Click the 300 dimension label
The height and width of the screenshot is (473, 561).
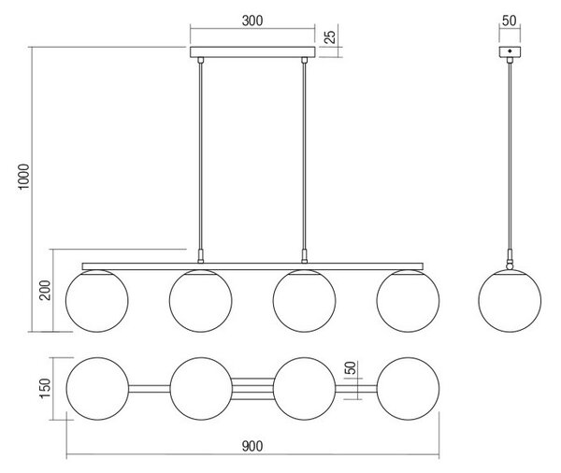[x=252, y=21]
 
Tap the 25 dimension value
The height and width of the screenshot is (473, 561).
[x=331, y=36]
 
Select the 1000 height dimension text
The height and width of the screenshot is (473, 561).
[x=24, y=177]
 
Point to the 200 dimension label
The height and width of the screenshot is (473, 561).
[x=46, y=290]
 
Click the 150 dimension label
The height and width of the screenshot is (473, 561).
[x=46, y=388]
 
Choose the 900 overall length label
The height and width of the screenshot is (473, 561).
[x=252, y=447]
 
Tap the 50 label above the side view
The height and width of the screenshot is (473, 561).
[x=510, y=21]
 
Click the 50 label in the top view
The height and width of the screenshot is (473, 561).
[x=352, y=367]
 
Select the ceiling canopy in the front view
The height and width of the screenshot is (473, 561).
[x=252, y=51]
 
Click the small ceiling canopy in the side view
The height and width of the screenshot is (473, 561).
[x=510, y=51]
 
